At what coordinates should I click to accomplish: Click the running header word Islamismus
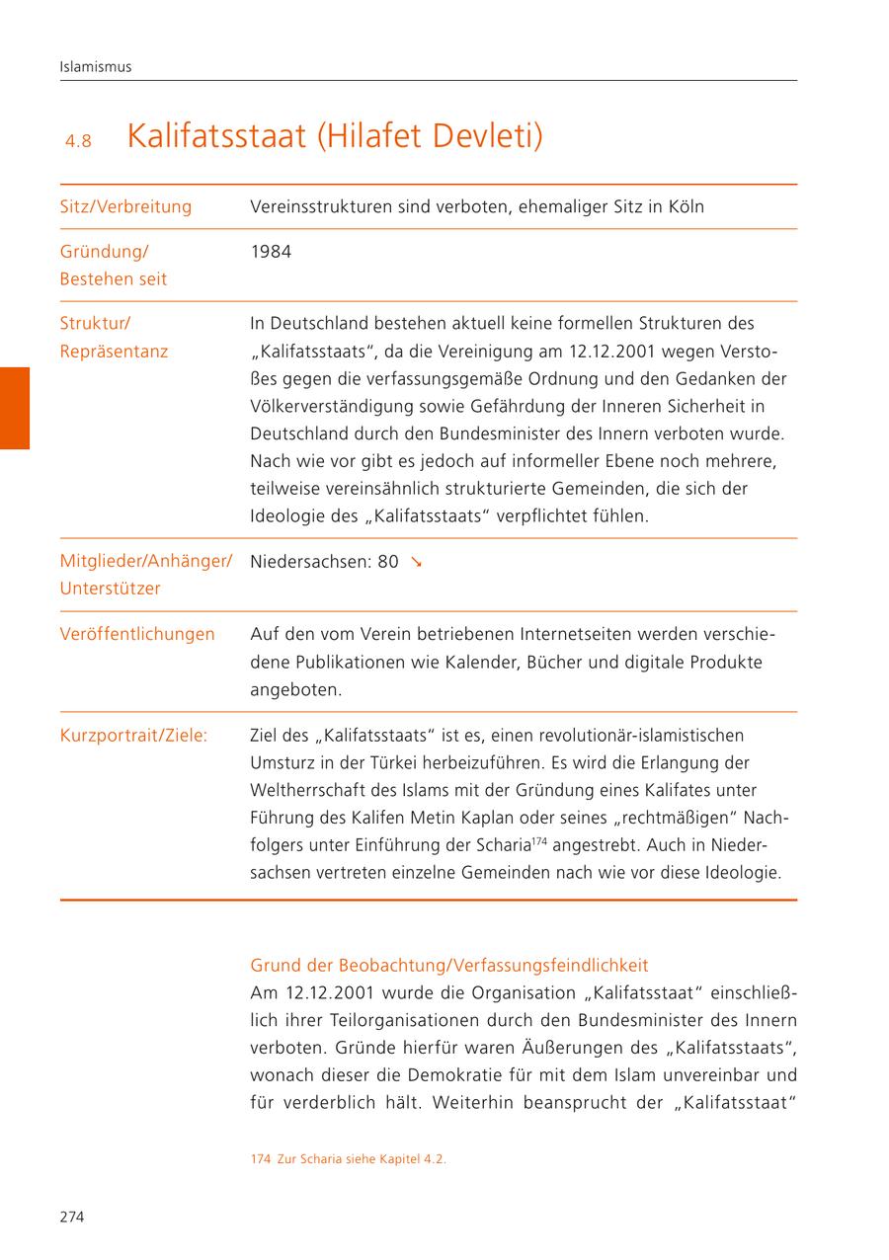pyautogui.click(x=96, y=67)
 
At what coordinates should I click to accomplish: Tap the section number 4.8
pyautogui.click(x=78, y=141)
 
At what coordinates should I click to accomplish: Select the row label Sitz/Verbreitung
pyautogui.click(x=125, y=207)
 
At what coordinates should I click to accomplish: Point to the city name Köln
pyautogui.click(x=684, y=207)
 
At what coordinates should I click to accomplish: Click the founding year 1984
pyautogui.click(x=271, y=252)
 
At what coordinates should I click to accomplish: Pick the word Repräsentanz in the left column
pyautogui.click(x=114, y=352)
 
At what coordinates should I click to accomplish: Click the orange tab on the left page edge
pyautogui.click(x=15, y=408)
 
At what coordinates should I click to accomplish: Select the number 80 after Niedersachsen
pyautogui.click(x=387, y=562)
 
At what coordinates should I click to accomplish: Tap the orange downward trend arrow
pyautogui.click(x=417, y=562)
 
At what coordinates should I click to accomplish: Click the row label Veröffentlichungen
pyautogui.click(x=137, y=634)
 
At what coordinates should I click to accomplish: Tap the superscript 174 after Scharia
pyautogui.click(x=539, y=841)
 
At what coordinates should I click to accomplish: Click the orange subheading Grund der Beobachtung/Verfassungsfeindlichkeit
pyautogui.click(x=449, y=965)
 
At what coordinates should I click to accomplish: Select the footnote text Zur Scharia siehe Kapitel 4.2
pyautogui.click(x=360, y=1160)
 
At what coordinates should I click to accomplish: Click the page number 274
pyautogui.click(x=72, y=1217)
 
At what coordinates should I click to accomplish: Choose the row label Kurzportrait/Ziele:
pyautogui.click(x=133, y=736)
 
